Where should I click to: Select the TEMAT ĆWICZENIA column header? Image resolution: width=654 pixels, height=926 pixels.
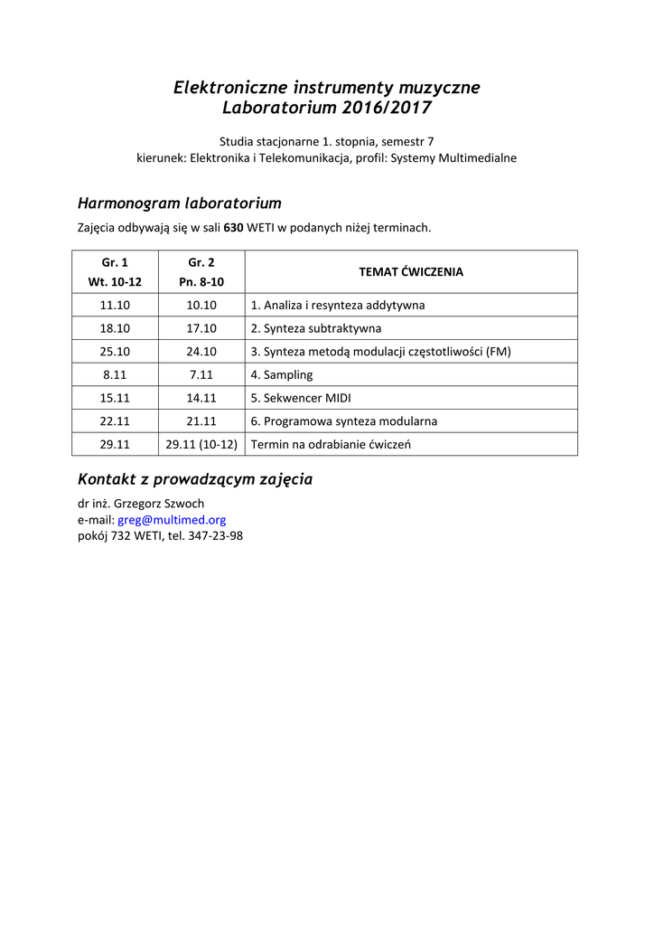point(411,271)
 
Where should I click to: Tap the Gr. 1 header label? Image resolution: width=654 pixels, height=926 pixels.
point(115,262)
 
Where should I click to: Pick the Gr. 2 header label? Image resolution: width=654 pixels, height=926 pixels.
point(201,262)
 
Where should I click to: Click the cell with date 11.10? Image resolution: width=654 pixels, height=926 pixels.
point(115,305)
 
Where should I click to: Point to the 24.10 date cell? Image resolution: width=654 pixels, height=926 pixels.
point(201,352)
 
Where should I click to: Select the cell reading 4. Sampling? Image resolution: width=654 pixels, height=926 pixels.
point(282,374)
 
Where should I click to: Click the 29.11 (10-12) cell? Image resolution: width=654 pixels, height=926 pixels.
point(201,444)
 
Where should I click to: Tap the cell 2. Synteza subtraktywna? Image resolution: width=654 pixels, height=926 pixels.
point(316,328)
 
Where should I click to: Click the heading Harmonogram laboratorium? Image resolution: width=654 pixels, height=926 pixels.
point(180,203)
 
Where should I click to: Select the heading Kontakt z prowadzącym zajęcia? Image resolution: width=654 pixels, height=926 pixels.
point(195,479)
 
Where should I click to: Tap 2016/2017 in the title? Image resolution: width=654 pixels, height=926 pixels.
point(387,109)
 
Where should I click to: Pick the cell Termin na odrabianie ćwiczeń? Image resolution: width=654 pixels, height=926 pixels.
point(331,444)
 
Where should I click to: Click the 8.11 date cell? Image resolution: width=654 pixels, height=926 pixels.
point(115,374)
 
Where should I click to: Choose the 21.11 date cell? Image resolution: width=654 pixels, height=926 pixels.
point(201,421)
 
